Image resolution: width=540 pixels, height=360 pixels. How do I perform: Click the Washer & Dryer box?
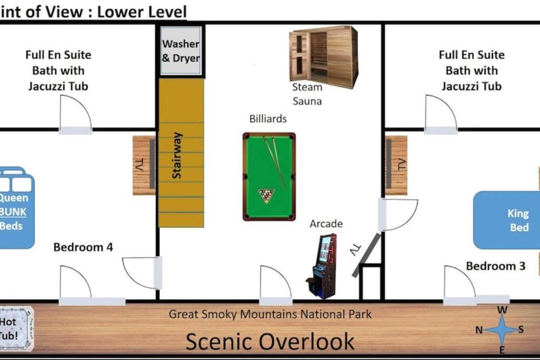[x=181, y=51]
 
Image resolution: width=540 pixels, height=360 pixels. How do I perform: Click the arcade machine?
[x=322, y=266]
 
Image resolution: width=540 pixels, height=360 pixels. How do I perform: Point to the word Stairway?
[x=177, y=155]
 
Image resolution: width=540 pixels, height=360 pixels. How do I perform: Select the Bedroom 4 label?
[x=83, y=247]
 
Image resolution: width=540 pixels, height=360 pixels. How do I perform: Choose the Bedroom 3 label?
[x=496, y=266]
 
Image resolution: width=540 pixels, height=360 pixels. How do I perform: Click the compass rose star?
[x=502, y=330]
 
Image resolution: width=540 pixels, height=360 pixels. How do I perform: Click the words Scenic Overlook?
[x=270, y=342]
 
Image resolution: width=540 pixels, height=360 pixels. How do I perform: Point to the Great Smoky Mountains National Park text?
[x=270, y=314]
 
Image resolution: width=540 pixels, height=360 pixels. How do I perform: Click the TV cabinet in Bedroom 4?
[x=144, y=165]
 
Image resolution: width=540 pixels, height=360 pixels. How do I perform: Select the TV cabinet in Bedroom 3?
[x=396, y=165]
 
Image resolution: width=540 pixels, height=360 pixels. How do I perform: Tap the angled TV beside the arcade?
[x=367, y=255]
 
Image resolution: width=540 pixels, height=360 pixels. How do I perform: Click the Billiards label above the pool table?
[x=268, y=119]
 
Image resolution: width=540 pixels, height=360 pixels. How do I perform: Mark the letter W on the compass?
[x=502, y=310]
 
